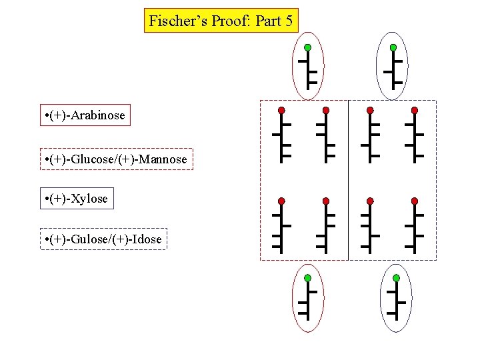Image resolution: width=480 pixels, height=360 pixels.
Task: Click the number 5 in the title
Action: [x=289, y=21]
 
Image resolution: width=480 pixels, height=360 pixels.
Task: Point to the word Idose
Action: [x=147, y=238]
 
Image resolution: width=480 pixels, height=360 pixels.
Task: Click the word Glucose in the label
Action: [x=95, y=159]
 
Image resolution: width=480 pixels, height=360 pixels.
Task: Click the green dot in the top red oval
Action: [x=307, y=47]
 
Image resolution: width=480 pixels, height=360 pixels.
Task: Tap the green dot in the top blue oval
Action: [x=393, y=47]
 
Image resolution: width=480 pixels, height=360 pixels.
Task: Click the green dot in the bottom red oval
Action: [x=307, y=277]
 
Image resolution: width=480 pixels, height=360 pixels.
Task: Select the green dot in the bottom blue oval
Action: [x=396, y=277]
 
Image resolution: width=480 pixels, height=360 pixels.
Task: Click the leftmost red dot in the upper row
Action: [x=281, y=109]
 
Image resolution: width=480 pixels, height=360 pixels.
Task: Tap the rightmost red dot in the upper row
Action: [x=415, y=109]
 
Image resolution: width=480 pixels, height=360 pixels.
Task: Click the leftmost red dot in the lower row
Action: [x=281, y=201]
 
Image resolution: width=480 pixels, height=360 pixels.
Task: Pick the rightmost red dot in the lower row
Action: [x=415, y=201]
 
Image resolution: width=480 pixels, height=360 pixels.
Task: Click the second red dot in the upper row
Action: [x=326, y=109]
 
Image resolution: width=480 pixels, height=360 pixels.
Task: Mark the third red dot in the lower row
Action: [x=370, y=201]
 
